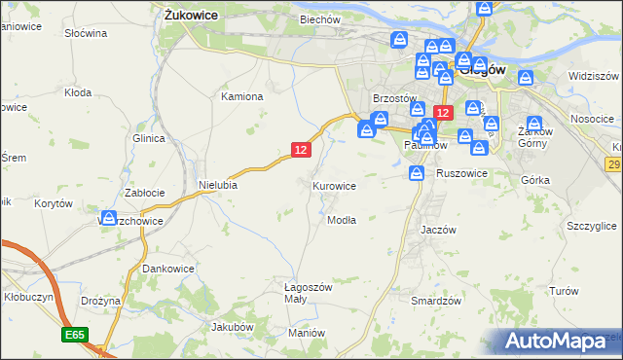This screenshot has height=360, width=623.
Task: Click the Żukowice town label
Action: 191,16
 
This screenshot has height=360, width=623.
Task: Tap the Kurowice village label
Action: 334,185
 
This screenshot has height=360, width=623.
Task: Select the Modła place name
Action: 341,220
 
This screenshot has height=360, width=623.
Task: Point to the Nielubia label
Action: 218,184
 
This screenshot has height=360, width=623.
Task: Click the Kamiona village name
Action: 242,96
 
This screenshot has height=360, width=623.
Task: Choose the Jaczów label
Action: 438,230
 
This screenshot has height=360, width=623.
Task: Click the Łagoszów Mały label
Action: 309,294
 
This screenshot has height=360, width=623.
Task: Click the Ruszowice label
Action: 461,172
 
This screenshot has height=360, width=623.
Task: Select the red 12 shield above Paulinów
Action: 443,113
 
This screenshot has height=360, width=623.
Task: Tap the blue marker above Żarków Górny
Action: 533,123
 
